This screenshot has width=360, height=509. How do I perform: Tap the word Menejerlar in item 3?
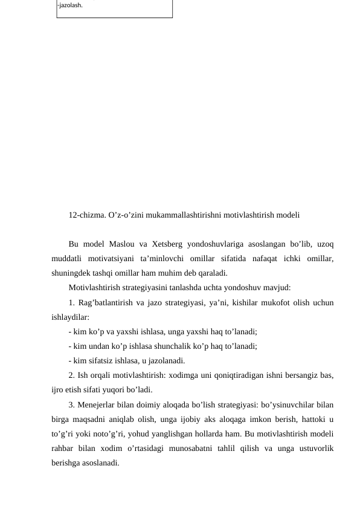point(97,405)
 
